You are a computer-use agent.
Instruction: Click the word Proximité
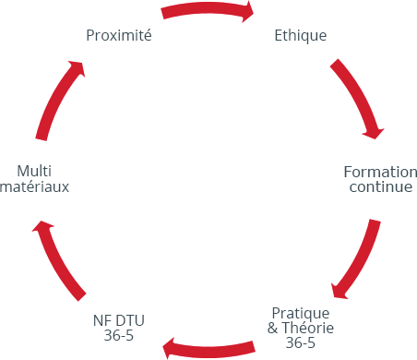coord(119,35)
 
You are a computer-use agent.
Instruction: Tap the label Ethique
coord(301,36)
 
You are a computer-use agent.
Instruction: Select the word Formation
coord(380,172)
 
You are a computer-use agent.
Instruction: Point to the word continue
coord(381,186)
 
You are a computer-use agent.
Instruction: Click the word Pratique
coord(301,314)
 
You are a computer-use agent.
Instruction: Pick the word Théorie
coord(308,328)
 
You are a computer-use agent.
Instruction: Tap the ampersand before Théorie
coord(272,328)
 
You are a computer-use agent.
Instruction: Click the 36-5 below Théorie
coord(300,342)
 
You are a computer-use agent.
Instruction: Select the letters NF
coord(101,320)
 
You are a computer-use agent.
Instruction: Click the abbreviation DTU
coord(130,320)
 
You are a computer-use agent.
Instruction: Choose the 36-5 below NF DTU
coord(119,335)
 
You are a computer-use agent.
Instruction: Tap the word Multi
coord(34,171)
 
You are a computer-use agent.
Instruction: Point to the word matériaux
coord(34,186)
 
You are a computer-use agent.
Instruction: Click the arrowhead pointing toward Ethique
coord(248,12)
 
